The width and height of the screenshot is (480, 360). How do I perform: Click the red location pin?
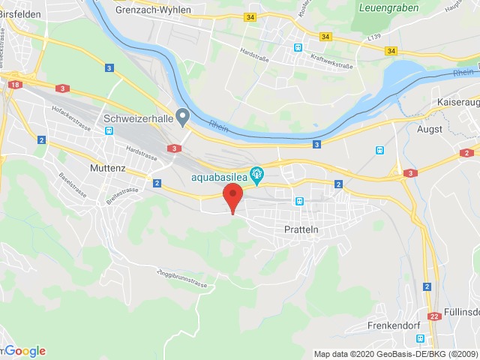coord(233,197)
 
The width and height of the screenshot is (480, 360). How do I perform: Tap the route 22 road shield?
coord(433,316)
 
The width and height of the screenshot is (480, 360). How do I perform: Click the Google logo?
coord(24,351)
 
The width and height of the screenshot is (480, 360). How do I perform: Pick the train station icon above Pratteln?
coord(299,201)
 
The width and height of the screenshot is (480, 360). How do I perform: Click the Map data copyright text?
coord(395,354)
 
